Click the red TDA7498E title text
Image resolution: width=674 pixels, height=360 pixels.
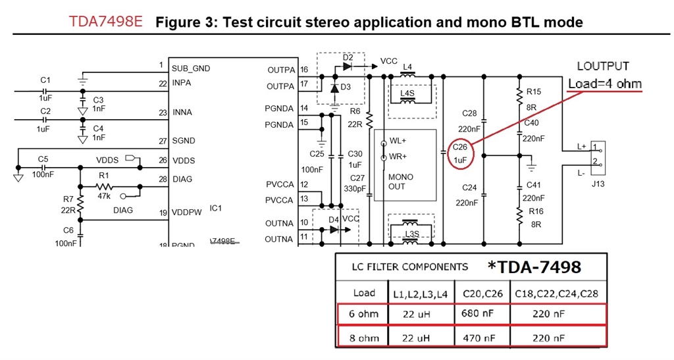(x=107, y=21)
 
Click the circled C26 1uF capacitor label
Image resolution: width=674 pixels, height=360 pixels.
(x=460, y=153)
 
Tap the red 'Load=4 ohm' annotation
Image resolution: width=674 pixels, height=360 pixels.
(x=605, y=84)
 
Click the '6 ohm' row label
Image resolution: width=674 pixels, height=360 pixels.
(x=364, y=314)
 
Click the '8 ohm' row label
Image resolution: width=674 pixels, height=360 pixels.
(x=364, y=338)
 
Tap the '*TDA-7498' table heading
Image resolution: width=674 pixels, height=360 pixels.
(x=534, y=267)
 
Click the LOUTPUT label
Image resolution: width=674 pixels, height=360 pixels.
(x=602, y=66)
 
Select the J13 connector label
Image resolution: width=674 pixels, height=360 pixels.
(x=598, y=184)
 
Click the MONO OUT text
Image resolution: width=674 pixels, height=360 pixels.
(x=401, y=182)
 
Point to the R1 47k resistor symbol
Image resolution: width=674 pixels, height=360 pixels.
(x=104, y=186)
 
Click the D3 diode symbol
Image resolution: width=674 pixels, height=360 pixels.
(x=334, y=87)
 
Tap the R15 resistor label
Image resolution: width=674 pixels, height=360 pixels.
(x=533, y=91)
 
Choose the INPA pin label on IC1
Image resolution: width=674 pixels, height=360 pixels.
(x=182, y=84)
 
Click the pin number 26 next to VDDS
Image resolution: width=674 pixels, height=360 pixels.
(x=163, y=160)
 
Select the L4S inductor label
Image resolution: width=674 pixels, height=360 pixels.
(x=408, y=93)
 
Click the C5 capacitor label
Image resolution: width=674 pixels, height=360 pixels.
(x=43, y=159)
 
